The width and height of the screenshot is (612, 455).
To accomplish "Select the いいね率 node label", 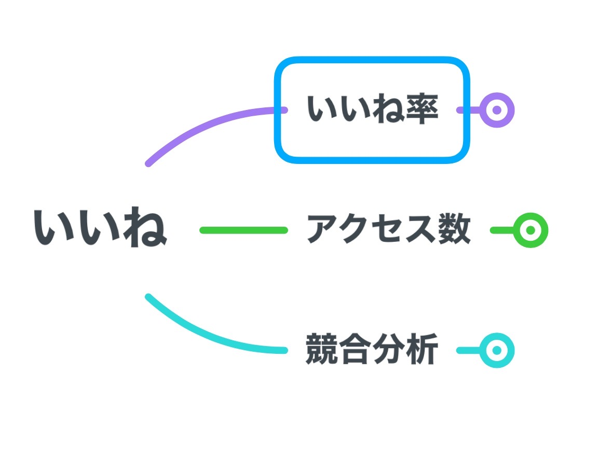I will point(373,110).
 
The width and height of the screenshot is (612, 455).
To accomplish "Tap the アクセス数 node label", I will point(388,229).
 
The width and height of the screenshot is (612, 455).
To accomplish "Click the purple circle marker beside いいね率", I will point(497,110).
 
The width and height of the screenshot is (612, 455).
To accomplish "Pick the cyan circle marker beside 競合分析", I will point(497,350).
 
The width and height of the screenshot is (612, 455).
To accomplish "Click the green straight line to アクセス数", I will point(243,230).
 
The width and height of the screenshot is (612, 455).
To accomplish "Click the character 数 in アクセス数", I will point(454,229).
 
